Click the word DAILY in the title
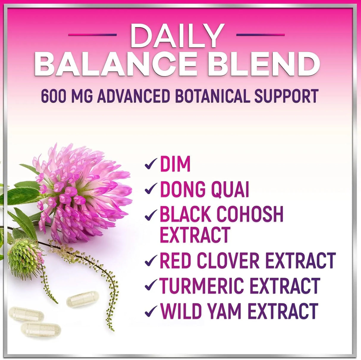[x=177, y=35]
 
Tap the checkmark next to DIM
[x=151, y=164]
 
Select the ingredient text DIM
[x=175, y=164]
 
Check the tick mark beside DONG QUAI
[x=151, y=189]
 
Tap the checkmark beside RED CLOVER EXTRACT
[x=151, y=261]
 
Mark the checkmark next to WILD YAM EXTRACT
[x=151, y=311]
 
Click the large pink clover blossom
[x=85, y=193]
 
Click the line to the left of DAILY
[x=92, y=35]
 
